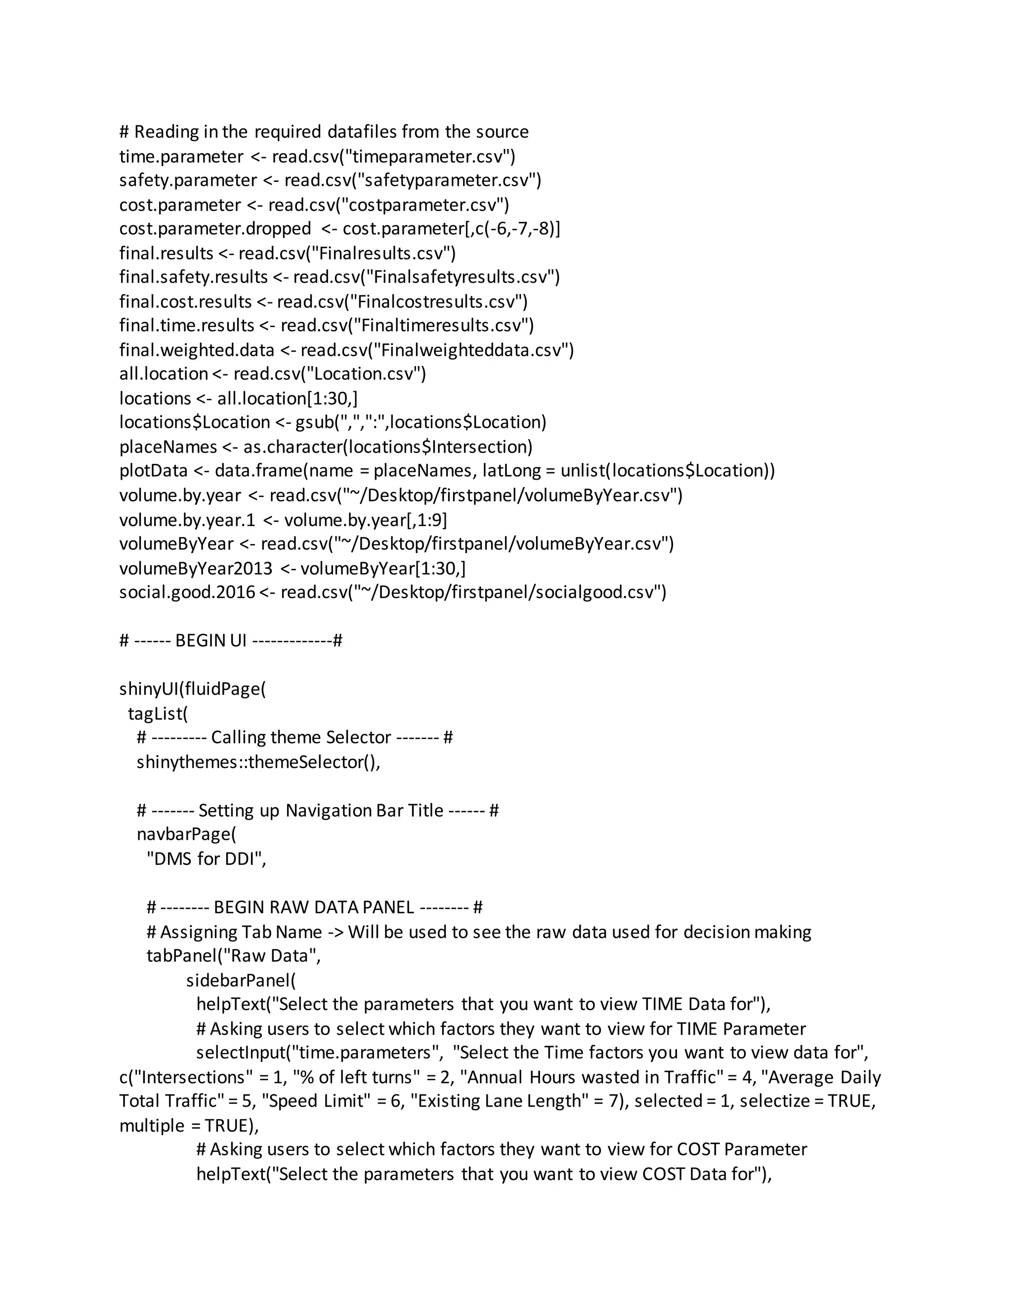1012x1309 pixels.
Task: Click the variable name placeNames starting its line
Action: pos(168,447)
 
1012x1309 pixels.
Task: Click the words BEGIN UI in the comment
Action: pos(211,641)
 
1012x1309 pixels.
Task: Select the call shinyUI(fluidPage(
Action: pos(192,689)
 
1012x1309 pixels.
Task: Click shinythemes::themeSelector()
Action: pos(258,762)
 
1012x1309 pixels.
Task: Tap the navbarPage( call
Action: pos(186,834)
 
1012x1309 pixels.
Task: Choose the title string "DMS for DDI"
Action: pos(204,859)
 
